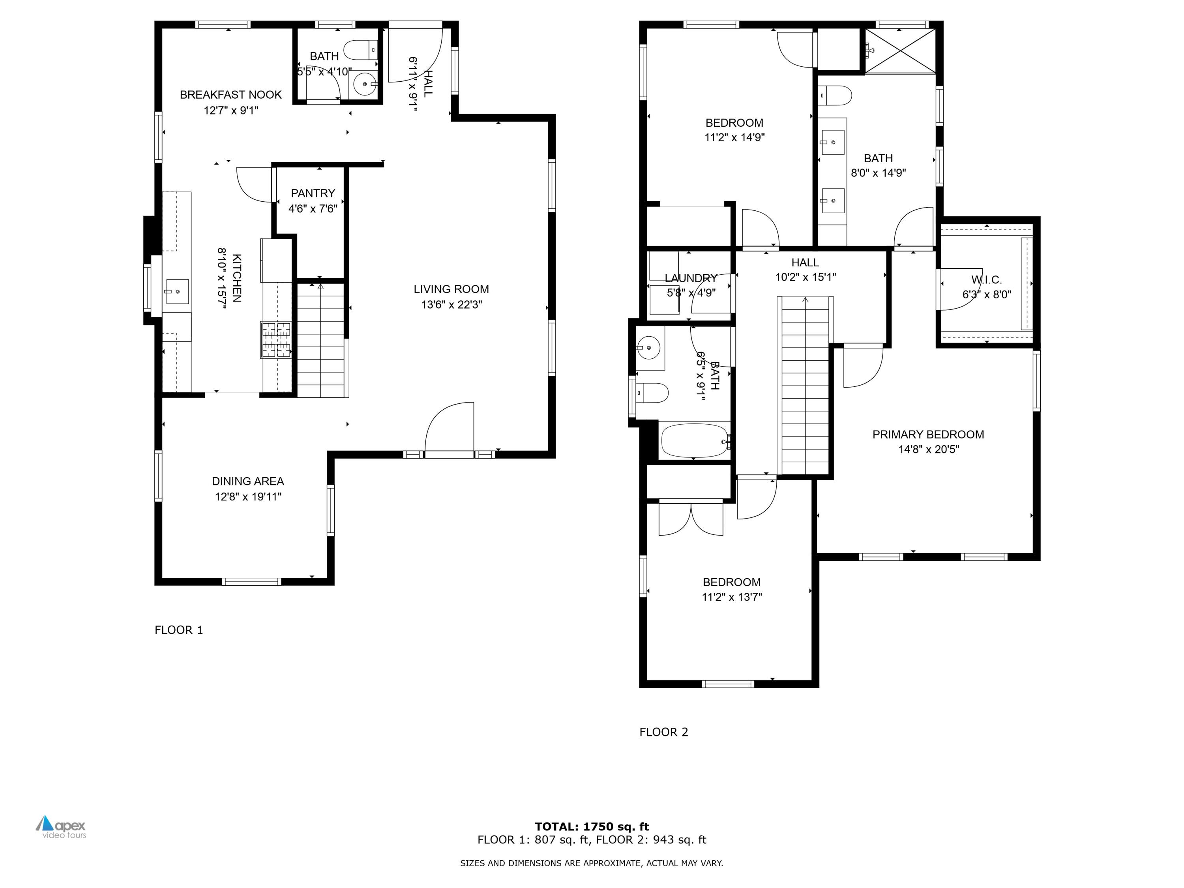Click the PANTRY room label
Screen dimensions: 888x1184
pos(313,193)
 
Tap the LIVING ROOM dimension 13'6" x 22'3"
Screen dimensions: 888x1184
pos(451,305)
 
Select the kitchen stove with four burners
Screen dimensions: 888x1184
pos(275,339)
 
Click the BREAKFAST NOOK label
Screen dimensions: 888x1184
pos(231,95)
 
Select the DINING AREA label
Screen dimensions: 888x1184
pos(248,481)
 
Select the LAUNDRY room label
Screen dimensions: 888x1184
pos(691,278)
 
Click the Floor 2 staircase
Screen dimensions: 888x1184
pos(804,385)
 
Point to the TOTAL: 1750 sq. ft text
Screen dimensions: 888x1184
pos(592,826)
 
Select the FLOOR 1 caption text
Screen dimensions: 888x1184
pos(179,630)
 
